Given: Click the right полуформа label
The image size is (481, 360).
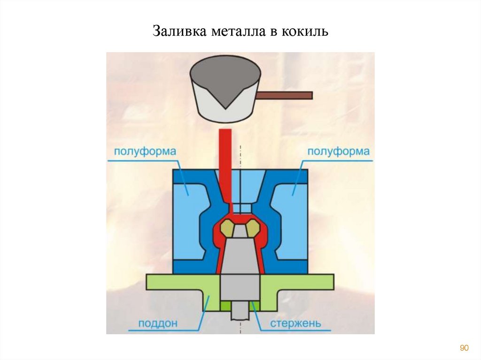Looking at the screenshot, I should pos(338,152).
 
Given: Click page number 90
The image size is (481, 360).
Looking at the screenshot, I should pos(464,348).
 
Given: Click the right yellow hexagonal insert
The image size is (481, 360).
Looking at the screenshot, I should pos(252,228).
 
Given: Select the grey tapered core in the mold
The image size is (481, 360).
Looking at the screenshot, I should pos(240,256).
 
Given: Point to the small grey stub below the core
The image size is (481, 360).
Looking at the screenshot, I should pos(240,311).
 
